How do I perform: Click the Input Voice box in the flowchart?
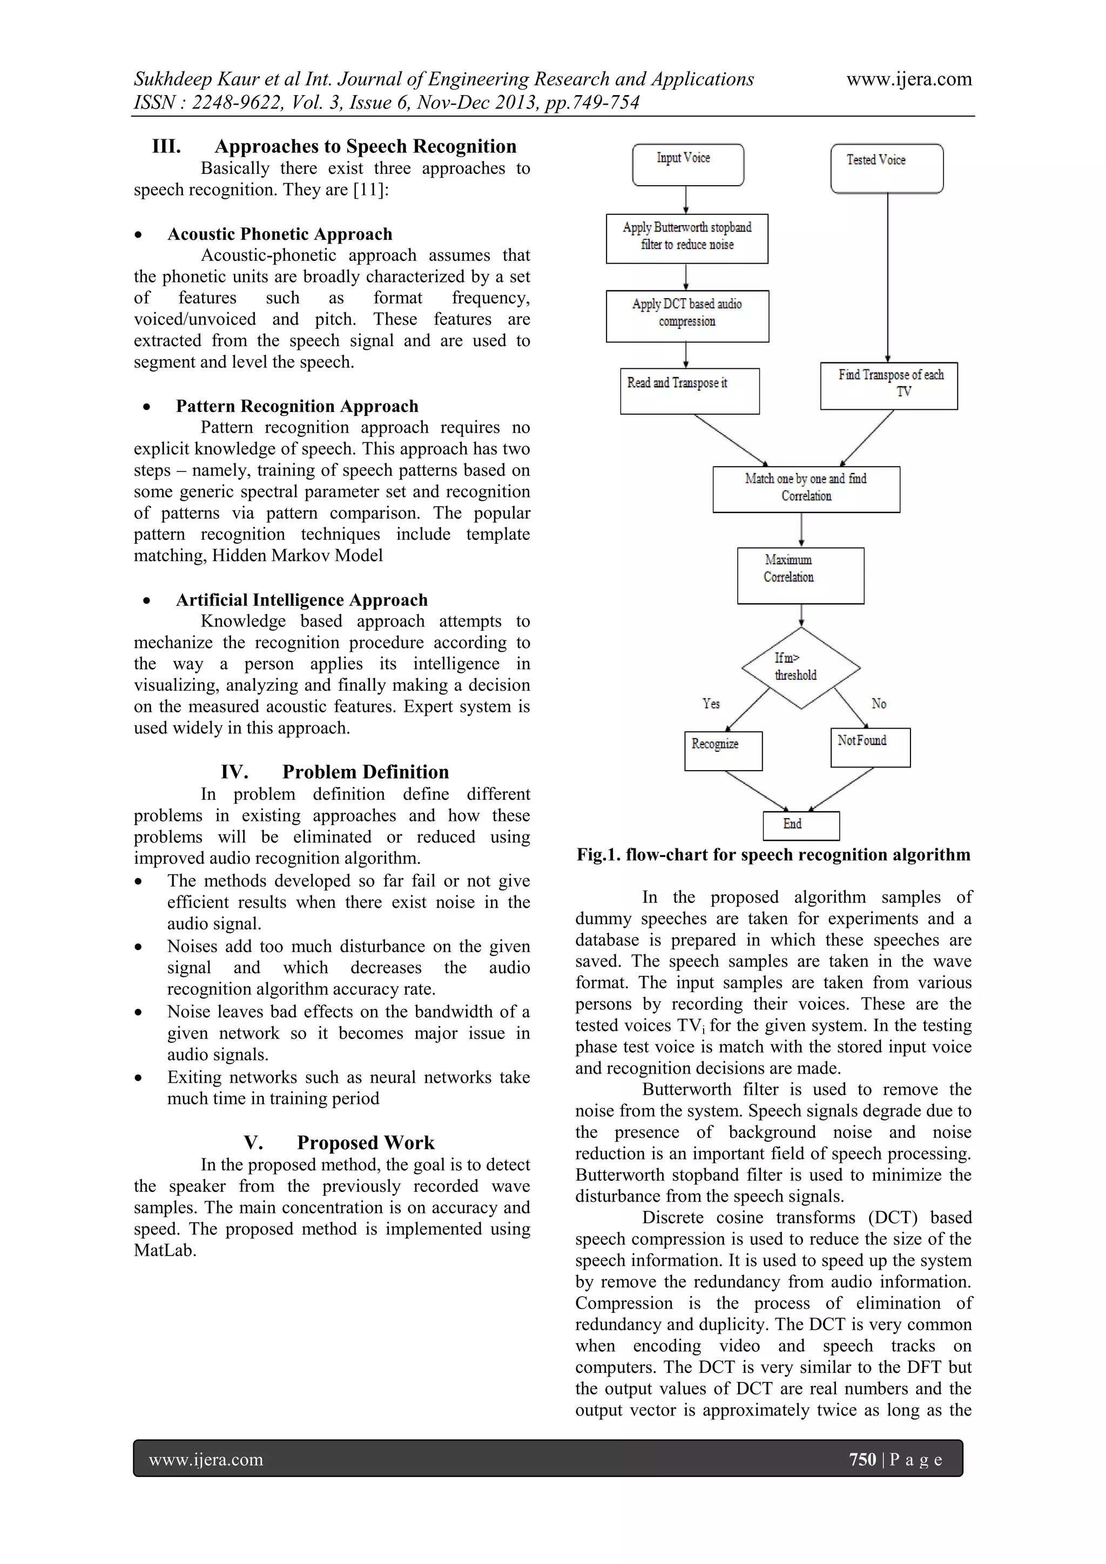[688, 164]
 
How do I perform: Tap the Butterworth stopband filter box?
[686, 238]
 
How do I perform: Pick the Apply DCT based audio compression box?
[687, 315]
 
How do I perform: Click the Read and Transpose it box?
[689, 390]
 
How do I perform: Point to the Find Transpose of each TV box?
[889, 386]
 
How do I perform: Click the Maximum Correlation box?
[800, 575]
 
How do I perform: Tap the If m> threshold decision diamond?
[800, 668]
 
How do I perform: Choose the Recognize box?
[723, 751]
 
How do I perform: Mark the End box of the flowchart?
[801, 825]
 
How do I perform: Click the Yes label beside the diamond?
[711, 704]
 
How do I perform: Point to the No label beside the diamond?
[879, 704]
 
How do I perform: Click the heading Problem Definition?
[365, 772]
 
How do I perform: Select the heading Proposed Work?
[365, 1142]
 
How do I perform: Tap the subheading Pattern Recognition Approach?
[297, 406]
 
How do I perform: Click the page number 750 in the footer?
[862, 1459]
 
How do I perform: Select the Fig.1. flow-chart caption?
[773, 855]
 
